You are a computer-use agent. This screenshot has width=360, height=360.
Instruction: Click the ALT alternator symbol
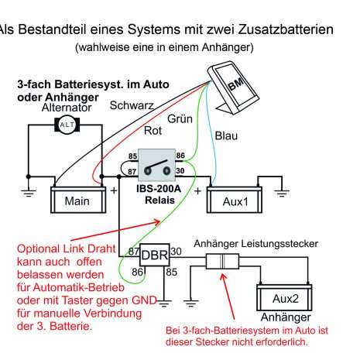click(67, 125)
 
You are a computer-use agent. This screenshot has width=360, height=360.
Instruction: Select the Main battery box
click(78, 200)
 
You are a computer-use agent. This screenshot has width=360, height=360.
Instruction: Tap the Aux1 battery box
click(235, 200)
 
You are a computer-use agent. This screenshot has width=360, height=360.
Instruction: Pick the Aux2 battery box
click(284, 297)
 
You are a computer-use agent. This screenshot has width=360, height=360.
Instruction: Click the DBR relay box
click(155, 255)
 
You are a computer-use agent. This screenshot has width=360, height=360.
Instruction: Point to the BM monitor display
click(234, 87)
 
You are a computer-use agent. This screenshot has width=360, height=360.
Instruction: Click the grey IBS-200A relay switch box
click(156, 165)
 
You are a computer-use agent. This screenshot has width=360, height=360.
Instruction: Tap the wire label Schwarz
click(132, 105)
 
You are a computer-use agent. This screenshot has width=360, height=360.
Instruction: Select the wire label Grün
click(180, 118)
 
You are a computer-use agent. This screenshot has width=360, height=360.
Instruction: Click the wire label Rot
click(153, 131)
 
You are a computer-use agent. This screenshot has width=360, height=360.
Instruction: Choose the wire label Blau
click(226, 135)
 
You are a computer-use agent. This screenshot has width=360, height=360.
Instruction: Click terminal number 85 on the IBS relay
click(132, 156)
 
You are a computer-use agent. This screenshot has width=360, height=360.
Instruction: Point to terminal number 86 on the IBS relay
click(180, 156)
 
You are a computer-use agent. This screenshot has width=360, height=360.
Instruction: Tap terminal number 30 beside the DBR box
click(176, 252)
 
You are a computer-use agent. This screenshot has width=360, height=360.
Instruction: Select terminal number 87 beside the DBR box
click(134, 252)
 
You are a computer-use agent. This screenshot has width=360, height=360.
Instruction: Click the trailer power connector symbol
click(222, 261)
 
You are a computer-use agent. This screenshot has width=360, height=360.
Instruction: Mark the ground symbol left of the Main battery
click(29, 194)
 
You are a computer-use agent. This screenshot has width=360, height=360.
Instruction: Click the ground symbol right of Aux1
click(282, 194)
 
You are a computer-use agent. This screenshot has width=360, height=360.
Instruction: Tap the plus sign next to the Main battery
click(114, 190)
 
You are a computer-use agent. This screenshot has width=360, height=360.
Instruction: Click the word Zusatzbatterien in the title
click(286, 29)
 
